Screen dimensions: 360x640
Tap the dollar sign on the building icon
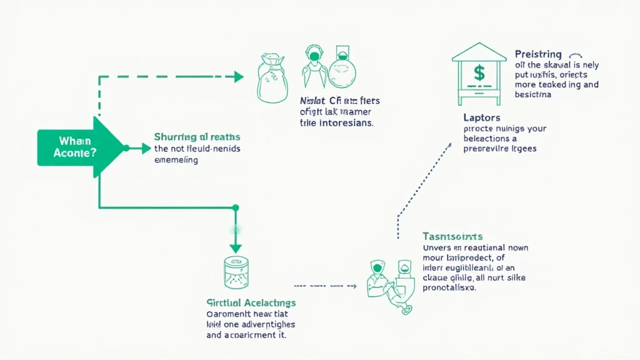pyautogui.click(x=479, y=74)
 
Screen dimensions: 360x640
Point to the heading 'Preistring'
pyautogui.click(x=538, y=54)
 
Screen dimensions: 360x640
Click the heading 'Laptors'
pyautogui.click(x=482, y=117)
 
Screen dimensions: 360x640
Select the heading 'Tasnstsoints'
pyautogui.click(x=452, y=236)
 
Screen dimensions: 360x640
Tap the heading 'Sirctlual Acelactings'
pyautogui.click(x=251, y=303)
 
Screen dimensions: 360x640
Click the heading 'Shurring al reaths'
pyautogui.click(x=197, y=136)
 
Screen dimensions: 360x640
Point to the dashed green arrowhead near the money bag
pyautogui.click(x=239, y=77)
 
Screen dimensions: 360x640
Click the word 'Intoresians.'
pyautogui.click(x=345, y=123)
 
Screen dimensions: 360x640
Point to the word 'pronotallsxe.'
pyautogui.click(x=449, y=288)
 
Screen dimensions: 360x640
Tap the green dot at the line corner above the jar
pyautogui.click(x=236, y=207)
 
